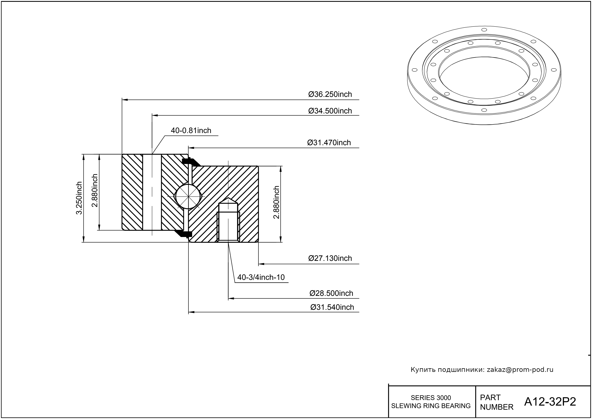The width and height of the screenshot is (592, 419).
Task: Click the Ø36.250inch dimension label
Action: point(330,94)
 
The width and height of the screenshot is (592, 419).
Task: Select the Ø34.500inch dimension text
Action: point(330,111)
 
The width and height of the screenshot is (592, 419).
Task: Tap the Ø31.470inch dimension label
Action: point(329,143)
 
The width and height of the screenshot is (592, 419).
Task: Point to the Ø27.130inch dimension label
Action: point(330,258)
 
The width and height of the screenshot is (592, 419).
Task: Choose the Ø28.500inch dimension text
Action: point(331,293)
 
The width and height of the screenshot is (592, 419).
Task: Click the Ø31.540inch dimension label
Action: point(332,307)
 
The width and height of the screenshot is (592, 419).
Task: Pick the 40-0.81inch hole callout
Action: point(191,131)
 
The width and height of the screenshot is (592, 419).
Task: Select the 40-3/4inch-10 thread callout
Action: point(261,277)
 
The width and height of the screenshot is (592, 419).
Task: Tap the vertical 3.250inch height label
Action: point(79,198)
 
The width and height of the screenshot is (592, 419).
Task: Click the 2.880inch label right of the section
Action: point(276,202)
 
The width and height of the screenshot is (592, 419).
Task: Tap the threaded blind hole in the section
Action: point(228,222)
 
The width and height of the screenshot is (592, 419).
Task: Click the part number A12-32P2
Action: point(550,402)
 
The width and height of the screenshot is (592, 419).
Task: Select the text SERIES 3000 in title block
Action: point(431,398)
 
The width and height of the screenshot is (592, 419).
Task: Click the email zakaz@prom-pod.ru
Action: point(520,370)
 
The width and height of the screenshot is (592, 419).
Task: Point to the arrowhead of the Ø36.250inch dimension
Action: point(124,99)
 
